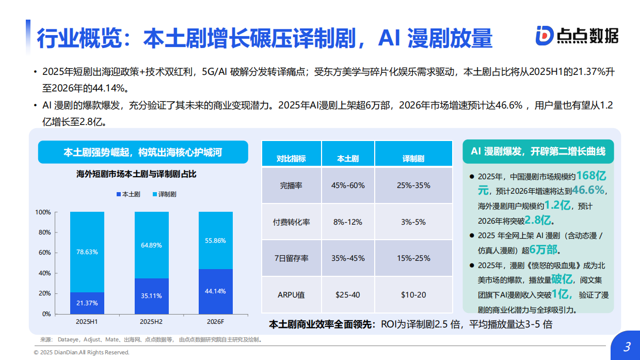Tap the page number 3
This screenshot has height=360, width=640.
[627, 347]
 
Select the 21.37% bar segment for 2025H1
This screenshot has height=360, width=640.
[87, 303]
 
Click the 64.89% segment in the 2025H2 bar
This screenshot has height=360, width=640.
[151, 245]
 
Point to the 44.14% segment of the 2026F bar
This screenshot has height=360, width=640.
[215, 291]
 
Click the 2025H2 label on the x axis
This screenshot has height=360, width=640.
[151, 322]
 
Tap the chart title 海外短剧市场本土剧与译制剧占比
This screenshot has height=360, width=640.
[136, 174]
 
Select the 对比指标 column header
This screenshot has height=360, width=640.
[291, 159]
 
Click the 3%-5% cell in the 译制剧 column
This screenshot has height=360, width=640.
[413, 222]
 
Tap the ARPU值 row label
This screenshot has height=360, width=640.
[291, 295]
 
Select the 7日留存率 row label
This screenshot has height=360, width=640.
[291, 258]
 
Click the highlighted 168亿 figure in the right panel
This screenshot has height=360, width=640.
[594, 176]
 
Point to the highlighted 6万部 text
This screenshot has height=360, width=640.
[543, 250]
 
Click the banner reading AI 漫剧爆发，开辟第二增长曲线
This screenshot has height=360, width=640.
[538, 151]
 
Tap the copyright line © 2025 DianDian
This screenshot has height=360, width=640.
[82, 352]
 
